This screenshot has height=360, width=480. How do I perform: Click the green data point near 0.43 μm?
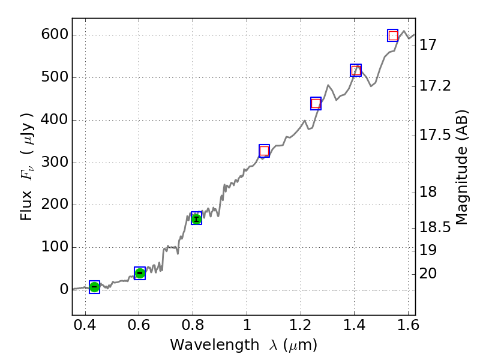[94, 287]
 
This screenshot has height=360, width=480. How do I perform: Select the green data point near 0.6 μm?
[140, 273]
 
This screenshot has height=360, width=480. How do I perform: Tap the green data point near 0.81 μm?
[196, 218]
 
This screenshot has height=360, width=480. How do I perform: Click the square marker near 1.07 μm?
[265, 151]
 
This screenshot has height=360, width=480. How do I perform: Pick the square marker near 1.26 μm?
[316, 103]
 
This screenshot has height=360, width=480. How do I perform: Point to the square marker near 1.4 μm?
[356, 70]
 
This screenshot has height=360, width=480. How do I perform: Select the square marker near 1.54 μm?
[392, 35]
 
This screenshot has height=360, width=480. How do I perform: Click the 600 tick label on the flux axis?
[53, 35]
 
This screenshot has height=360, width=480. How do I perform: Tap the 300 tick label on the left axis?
[53, 163]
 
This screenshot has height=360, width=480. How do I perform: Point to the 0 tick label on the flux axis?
[62, 290]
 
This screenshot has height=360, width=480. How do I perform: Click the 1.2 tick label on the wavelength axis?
[300, 326]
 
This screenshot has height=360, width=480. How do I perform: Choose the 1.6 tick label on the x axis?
[407, 326]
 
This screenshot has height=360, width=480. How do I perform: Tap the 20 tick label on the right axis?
[429, 274]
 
